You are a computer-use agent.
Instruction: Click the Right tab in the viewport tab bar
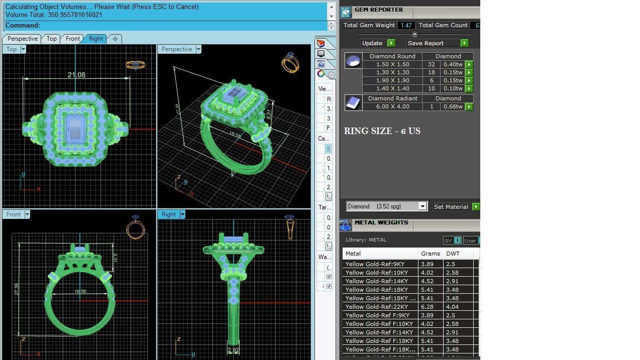point(95,39)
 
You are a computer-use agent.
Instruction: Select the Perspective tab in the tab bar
point(23,39)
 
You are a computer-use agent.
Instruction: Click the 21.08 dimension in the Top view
point(76,75)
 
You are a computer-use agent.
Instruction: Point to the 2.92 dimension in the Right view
point(233,350)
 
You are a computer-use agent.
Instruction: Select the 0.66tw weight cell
point(453,106)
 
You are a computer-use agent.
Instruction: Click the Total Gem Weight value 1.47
point(406,25)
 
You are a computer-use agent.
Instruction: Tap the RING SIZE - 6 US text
point(382,131)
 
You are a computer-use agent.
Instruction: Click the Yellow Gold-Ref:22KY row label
point(376,307)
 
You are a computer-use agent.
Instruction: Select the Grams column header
point(430,254)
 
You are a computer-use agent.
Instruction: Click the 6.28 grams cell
point(427,307)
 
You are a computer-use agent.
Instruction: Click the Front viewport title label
point(14,214)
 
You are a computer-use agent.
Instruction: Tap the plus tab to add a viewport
point(115,39)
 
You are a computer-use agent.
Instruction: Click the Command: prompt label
point(23,25)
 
